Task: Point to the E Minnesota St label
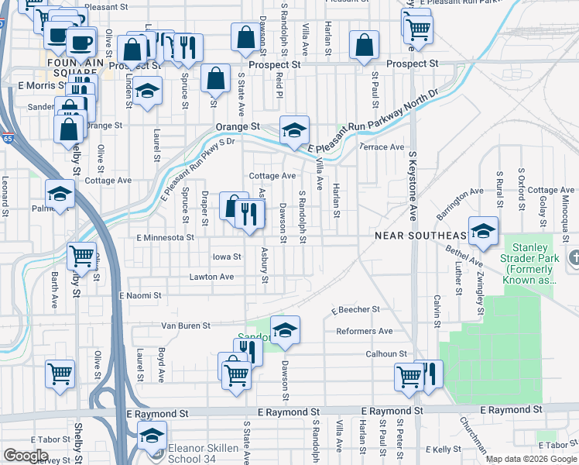click(x=165, y=238)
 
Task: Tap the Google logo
click(x=26, y=455)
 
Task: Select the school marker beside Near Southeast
click(x=483, y=231)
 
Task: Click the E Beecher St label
click(x=355, y=309)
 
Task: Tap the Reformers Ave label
click(x=365, y=332)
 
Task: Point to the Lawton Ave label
click(x=211, y=277)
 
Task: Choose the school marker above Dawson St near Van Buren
click(x=285, y=330)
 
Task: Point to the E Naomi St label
click(x=140, y=296)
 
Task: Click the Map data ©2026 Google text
click(x=531, y=459)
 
